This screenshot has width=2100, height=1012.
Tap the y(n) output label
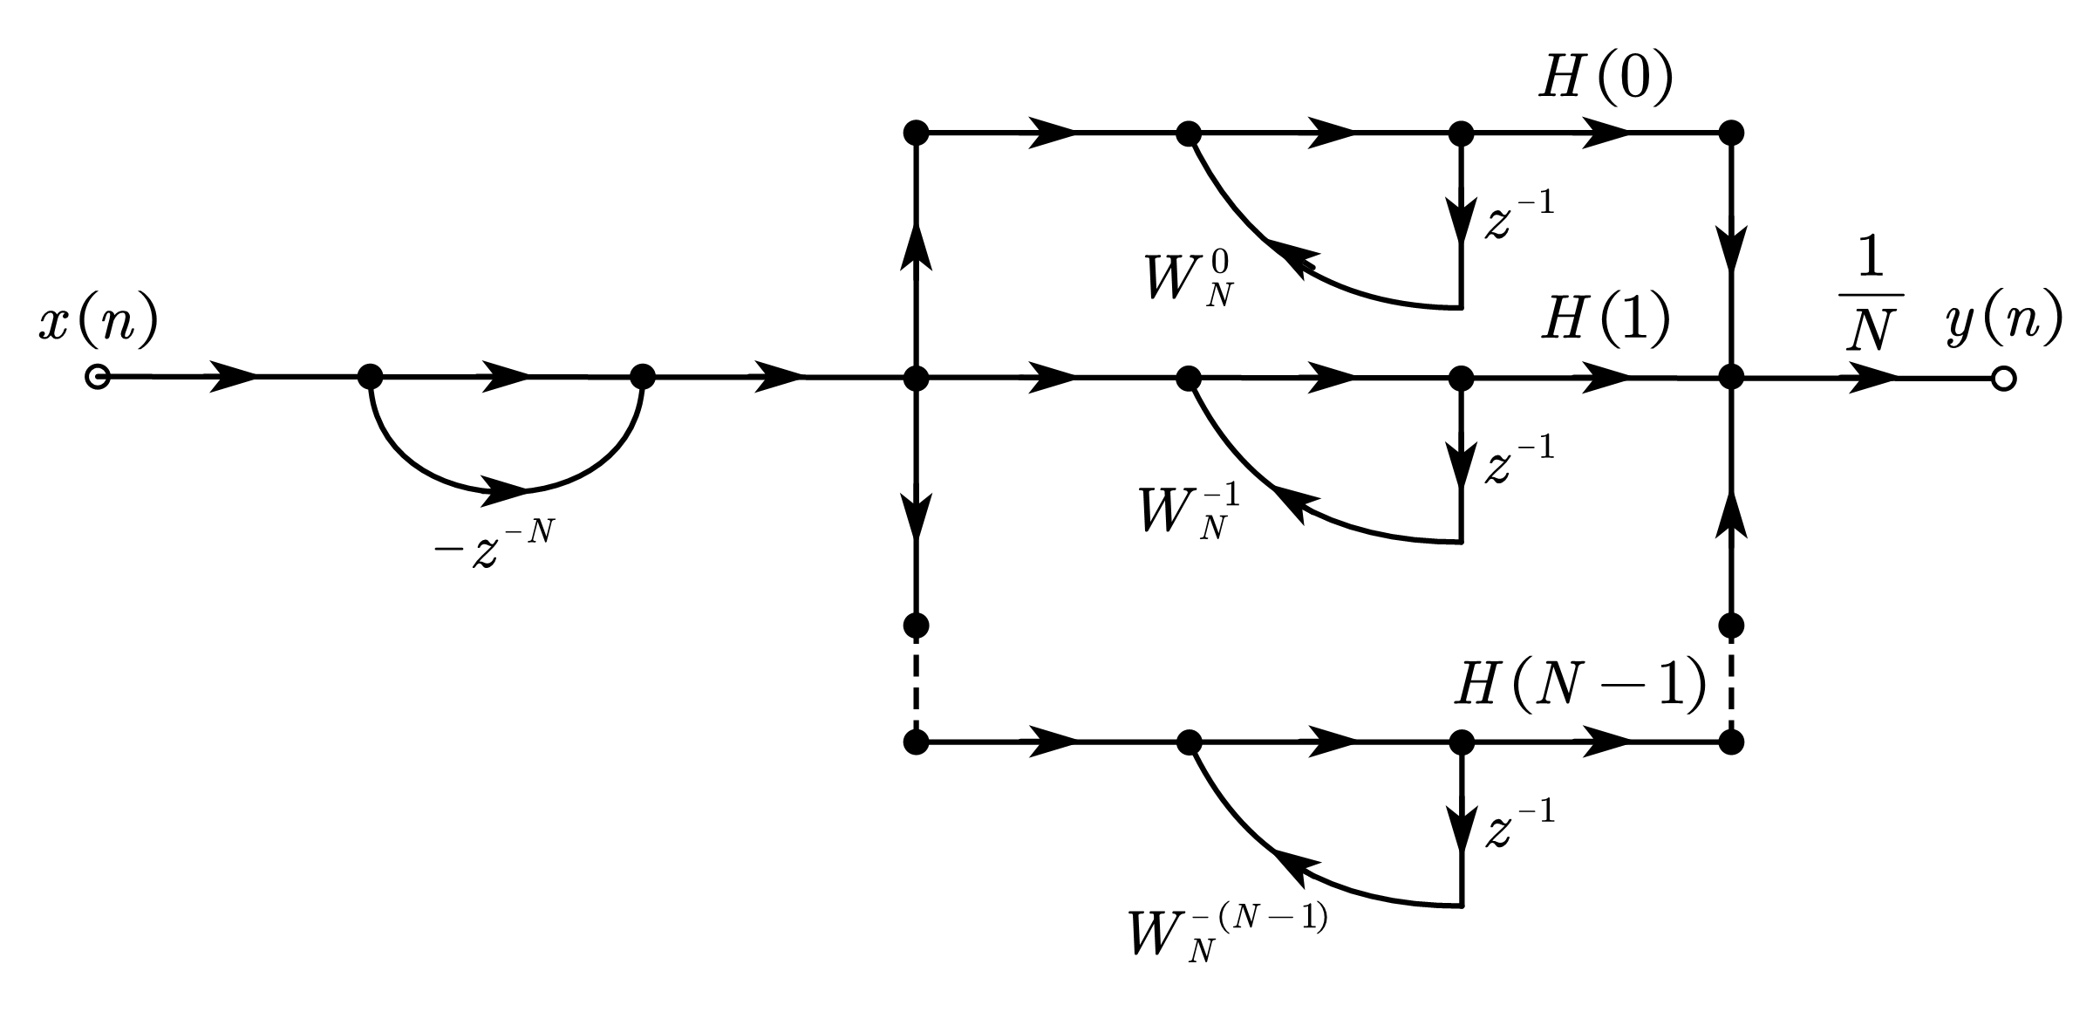(2003, 321)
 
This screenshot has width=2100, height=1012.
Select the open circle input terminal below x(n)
(97, 378)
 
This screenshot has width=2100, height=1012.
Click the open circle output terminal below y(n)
(2003, 379)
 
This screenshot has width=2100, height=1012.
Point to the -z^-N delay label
(494, 546)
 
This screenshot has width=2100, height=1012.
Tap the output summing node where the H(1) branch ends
(1730, 379)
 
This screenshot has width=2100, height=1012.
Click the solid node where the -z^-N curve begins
(371, 378)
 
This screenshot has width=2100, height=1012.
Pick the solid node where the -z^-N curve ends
(642, 378)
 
